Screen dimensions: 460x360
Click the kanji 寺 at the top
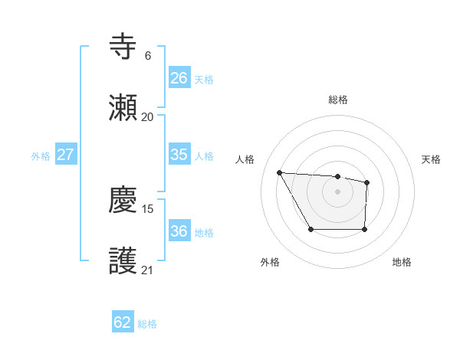coord(123,47)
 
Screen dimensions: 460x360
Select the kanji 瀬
coord(123,107)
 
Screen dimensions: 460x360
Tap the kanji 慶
coord(123,201)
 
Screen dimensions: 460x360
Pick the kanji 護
coord(123,261)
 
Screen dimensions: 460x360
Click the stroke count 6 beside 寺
coord(147,55)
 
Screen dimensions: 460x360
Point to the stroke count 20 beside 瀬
coord(147,116)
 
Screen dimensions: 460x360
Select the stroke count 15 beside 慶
coord(149,208)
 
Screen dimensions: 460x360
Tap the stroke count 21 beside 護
coord(147,270)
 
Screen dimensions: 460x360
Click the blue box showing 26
coord(179,77)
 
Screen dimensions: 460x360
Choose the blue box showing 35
coord(179,154)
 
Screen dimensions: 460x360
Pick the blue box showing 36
coord(179,231)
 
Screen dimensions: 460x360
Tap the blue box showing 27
coord(65,155)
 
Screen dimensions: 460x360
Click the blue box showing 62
coord(123,322)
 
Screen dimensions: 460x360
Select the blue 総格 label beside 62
coord(147,324)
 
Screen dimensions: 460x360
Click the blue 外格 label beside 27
coord(41,156)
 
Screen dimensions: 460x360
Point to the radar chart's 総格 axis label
coord(337,100)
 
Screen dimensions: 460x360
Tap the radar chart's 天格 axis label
coord(432,159)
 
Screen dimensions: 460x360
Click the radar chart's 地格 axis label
coord(402,262)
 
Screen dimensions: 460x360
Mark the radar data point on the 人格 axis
coord(280,172)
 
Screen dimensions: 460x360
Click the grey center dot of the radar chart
coord(337,191)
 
